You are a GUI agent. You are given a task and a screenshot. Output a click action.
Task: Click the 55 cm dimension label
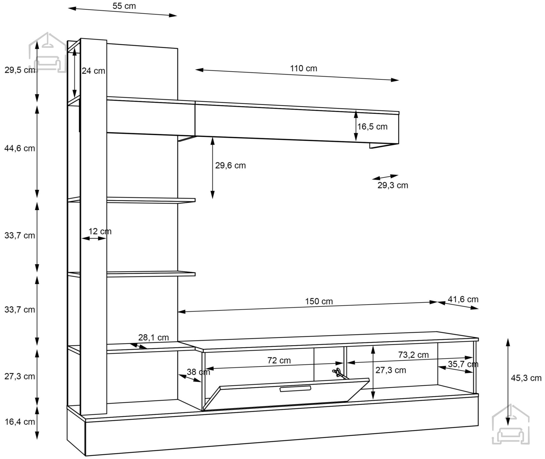pos(124,6)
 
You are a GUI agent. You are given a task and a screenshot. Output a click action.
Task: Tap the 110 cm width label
pos(304,68)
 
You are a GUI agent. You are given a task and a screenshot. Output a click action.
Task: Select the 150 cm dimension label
pos(319,301)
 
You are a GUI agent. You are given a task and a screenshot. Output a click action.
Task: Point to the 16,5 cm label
pos(372,127)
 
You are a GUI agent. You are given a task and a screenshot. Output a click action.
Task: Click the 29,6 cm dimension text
pos(230,165)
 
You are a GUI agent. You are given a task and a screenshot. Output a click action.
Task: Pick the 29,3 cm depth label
pos(393,185)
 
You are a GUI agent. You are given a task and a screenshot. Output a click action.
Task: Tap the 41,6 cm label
pos(463,299)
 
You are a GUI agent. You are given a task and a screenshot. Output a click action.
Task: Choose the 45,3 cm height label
pos(526,378)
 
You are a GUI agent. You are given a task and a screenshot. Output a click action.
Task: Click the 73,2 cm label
pos(413,355)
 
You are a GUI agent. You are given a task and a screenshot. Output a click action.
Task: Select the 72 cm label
pos(279,360)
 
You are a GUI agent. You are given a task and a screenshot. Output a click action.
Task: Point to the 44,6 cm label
pos(20,148)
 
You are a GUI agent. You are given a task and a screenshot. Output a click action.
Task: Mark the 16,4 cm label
pos(20,422)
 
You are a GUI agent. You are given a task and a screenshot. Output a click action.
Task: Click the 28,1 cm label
pos(153,338)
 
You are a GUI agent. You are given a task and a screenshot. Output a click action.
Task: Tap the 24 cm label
pos(93,71)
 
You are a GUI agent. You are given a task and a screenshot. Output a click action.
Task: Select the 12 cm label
pos(100,231)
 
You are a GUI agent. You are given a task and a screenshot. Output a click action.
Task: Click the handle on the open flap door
pos(295,389)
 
